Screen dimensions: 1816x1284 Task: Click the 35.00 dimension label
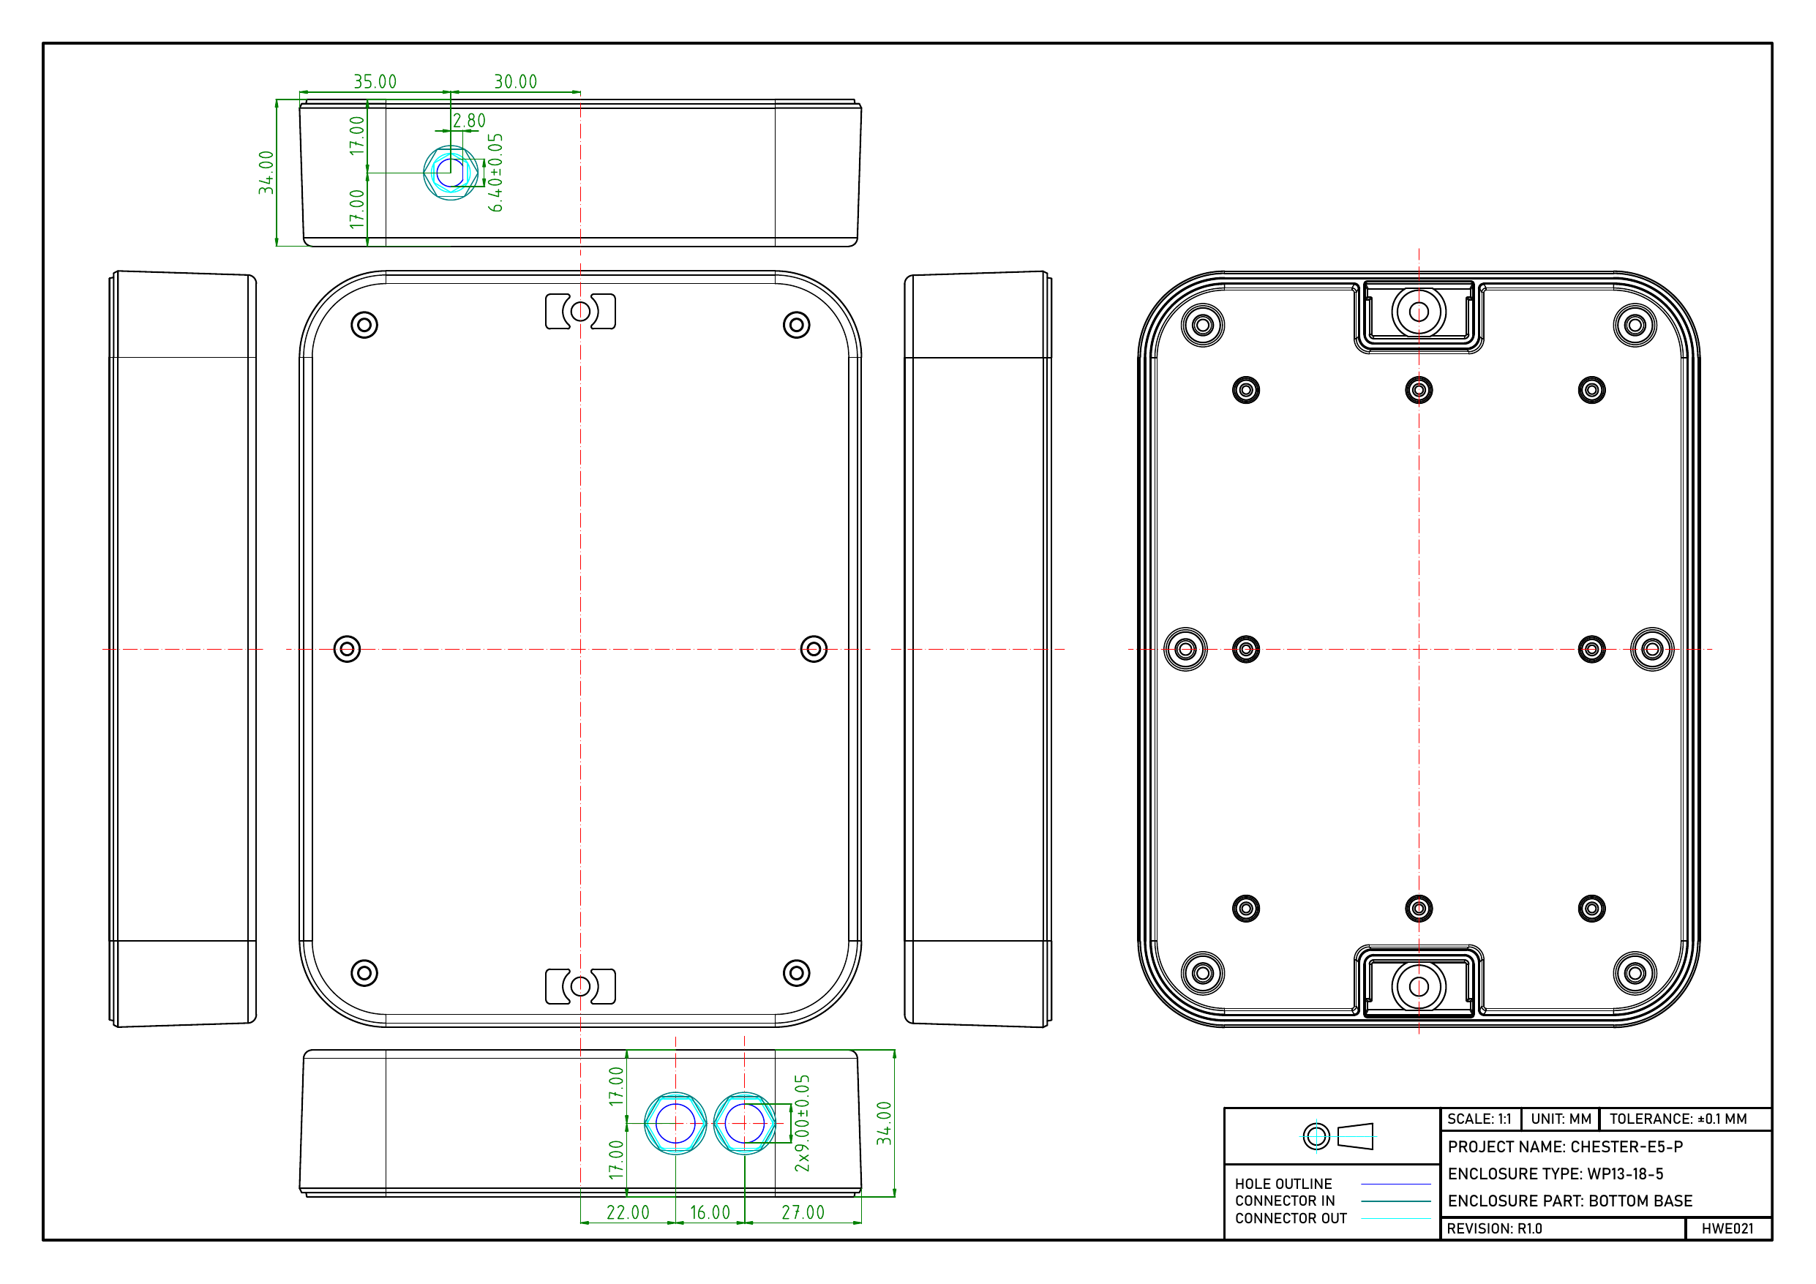click(375, 81)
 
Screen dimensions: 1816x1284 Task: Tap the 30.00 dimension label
click(516, 81)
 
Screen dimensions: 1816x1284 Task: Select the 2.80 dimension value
click(469, 120)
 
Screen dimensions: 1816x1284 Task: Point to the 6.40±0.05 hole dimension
click(496, 173)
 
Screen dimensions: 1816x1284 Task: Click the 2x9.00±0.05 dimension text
click(803, 1123)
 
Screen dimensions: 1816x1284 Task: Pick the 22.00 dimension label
click(628, 1213)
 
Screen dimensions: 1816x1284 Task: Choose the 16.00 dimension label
click(710, 1213)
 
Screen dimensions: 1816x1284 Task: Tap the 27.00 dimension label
click(803, 1213)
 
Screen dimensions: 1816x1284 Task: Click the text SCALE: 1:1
click(1479, 1119)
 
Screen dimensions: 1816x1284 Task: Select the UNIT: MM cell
click(1561, 1119)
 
